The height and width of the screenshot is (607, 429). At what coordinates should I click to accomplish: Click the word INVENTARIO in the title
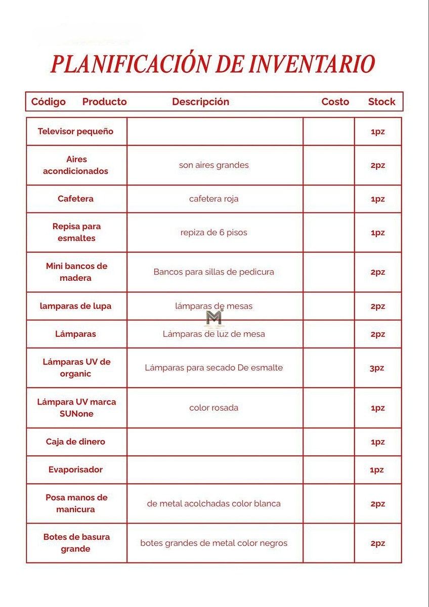(311, 64)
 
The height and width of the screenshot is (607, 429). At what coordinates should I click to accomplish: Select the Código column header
(49, 102)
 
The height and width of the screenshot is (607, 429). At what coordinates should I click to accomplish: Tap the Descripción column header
(200, 102)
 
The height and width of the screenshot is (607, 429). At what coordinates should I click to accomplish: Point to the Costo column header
(335, 102)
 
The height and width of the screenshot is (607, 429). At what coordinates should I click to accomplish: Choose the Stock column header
(381, 102)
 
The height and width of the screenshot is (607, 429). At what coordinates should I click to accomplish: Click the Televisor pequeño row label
(75, 132)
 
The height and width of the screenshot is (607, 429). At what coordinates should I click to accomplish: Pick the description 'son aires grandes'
(213, 165)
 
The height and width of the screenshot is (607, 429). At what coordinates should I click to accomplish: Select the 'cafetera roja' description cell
(213, 199)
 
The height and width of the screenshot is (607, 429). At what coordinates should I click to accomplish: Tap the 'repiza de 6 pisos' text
(213, 233)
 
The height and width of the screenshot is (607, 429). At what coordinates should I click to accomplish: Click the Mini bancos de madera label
(76, 272)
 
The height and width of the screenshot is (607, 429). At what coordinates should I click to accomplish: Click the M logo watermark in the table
(214, 318)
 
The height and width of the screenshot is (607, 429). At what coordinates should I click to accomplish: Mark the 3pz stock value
(377, 368)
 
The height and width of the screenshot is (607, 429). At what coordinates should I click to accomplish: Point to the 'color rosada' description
(213, 408)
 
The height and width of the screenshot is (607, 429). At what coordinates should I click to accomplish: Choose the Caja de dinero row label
(75, 442)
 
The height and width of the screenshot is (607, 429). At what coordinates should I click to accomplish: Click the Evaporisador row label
(75, 469)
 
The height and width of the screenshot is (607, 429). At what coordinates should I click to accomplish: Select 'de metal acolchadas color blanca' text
(213, 503)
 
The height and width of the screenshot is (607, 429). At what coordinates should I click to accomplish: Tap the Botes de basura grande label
(76, 543)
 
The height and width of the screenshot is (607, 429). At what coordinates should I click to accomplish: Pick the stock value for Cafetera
(377, 199)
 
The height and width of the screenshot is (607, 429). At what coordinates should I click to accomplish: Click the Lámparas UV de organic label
(76, 368)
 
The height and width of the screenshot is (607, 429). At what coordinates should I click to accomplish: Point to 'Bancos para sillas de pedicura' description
(213, 272)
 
